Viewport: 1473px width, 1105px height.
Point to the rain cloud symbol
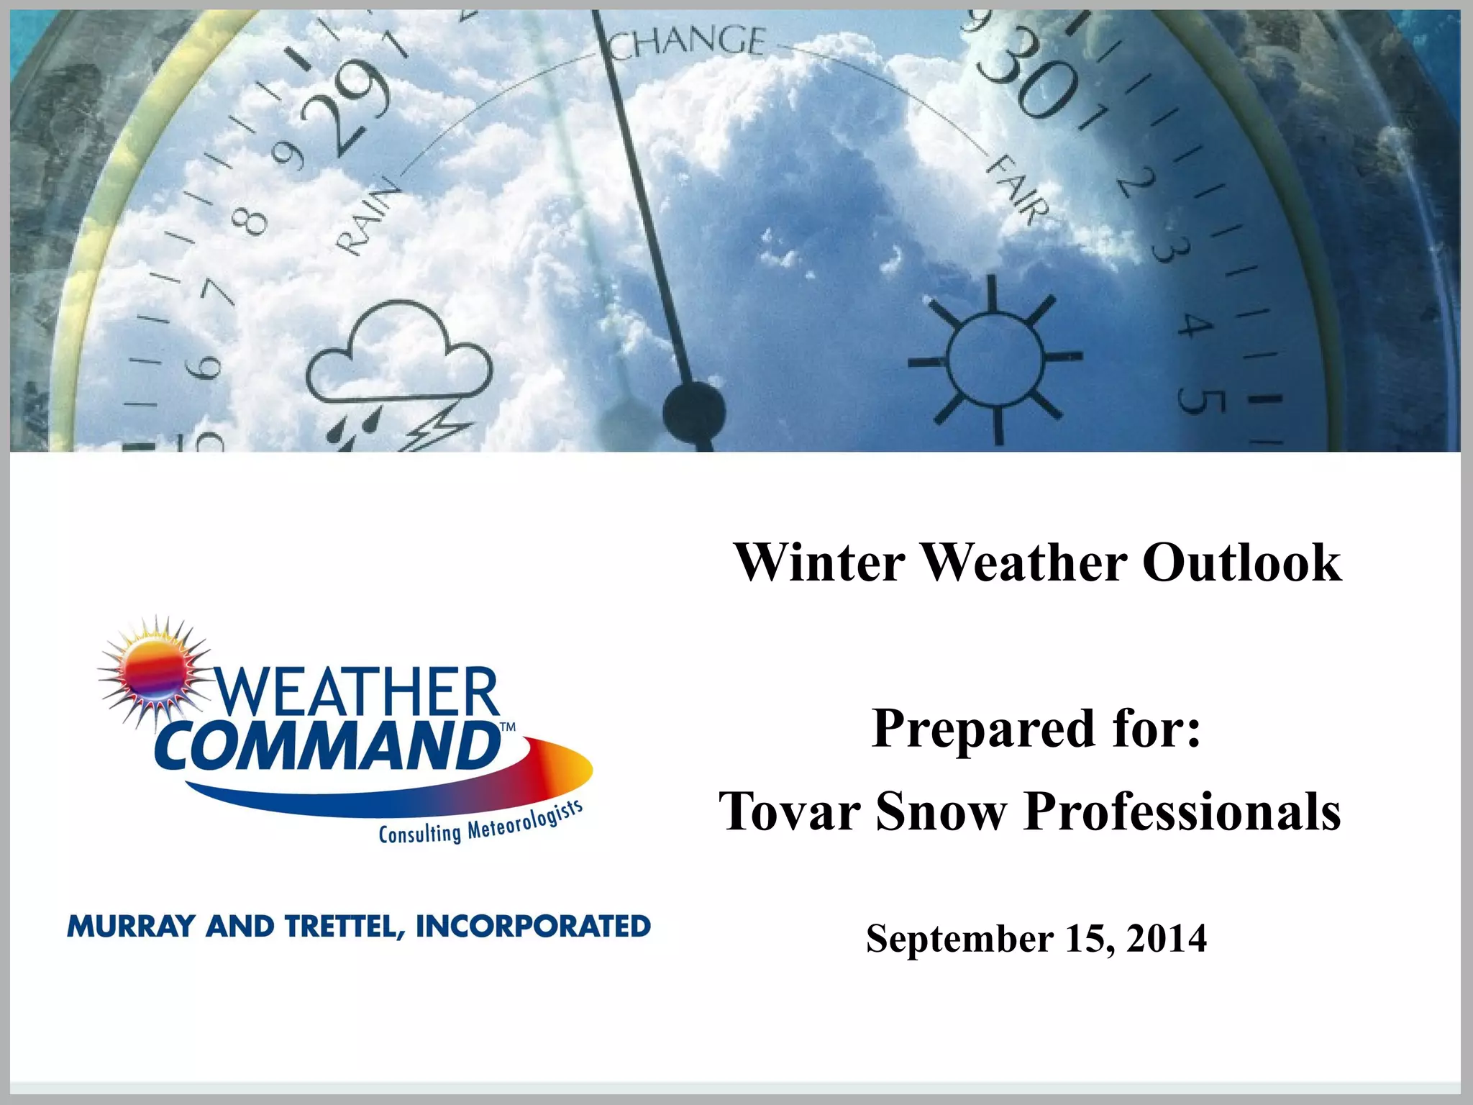click(399, 356)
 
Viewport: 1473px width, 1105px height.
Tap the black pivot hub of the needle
click(694, 411)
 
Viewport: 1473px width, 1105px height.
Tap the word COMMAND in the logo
click(327, 746)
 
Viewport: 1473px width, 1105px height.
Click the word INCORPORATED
click(533, 926)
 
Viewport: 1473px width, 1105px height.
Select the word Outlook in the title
click(1241, 563)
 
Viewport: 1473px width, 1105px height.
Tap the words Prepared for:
click(1036, 729)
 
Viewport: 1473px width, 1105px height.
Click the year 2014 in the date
click(1167, 939)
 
